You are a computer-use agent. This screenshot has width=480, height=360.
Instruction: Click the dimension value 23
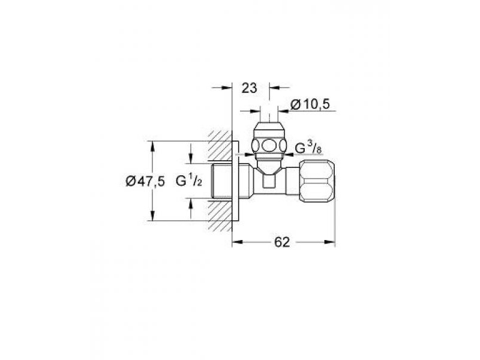click(250, 88)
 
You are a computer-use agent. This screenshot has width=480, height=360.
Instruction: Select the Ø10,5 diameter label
click(310, 104)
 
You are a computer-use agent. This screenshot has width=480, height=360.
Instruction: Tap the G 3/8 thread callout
click(308, 148)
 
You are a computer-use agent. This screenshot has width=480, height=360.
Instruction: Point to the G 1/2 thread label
click(189, 181)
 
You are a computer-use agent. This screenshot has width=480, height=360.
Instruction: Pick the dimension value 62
click(281, 242)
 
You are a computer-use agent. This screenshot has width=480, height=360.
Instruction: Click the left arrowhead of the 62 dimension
click(238, 242)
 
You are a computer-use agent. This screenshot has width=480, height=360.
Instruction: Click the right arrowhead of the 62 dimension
click(329, 242)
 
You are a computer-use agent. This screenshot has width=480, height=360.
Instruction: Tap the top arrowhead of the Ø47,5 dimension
click(152, 146)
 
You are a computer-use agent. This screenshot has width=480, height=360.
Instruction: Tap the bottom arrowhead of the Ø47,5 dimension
click(152, 215)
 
